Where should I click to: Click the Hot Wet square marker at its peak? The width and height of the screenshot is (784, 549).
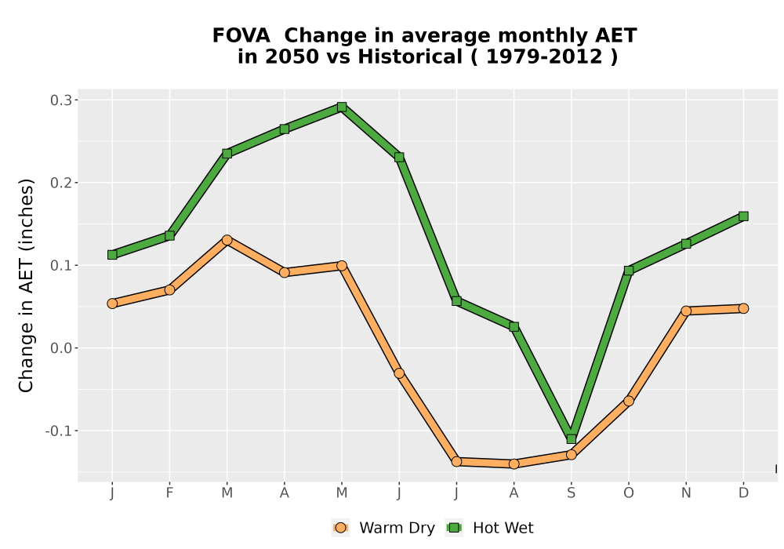click(x=342, y=107)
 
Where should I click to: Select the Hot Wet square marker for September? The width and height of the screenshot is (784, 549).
click(x=571, y=439)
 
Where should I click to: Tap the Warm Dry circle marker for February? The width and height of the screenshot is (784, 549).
click(x=169, y=290)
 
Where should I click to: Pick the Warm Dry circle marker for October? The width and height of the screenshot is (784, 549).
click(x=629, y=401)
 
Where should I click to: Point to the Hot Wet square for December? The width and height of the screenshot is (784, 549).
click(x=743, y=216)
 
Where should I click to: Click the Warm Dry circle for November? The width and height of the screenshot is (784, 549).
click(x=686, y=311)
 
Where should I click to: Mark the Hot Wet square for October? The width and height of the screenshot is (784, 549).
click(x=629, y=271)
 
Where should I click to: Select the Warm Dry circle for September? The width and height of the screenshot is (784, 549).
click(x=571, y=455)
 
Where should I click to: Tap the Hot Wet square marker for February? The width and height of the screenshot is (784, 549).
click(x=169, y=235)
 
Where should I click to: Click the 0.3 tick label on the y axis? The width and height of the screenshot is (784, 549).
click(x=60, y=100)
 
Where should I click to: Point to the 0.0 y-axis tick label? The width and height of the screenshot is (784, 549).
click(x=60, y=348)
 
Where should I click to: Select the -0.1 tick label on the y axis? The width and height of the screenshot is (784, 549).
click(x=58, y=431)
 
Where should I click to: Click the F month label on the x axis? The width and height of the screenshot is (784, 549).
click(x=169, y=493)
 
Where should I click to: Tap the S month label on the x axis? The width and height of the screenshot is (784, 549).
click(x=571, y=493)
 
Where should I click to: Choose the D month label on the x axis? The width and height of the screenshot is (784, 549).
click(x=743, y=493)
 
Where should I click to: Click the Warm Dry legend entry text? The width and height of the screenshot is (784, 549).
click(x=397, y=528)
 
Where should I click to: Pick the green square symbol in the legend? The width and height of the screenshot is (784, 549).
click(x=455, y=528)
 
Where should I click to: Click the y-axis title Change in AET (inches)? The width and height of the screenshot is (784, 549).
click(x=26, y=285)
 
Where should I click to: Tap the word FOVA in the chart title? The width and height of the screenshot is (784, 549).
click(x=241, y=36)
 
